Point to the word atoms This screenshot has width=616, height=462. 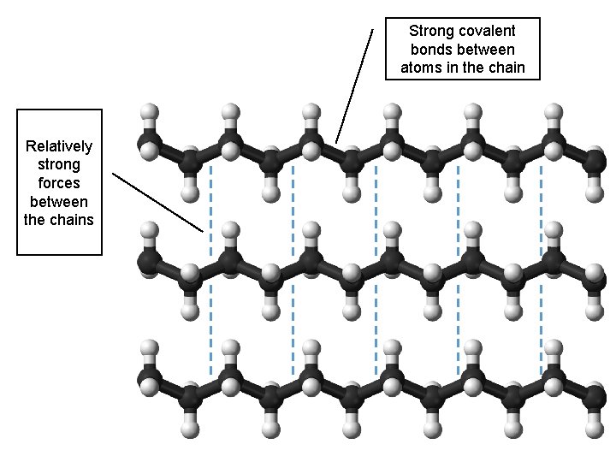tap(418, 68)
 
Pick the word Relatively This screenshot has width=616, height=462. tap(59, 145)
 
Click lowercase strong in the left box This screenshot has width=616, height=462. tap(59, 164)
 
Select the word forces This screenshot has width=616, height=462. tap(59, 183)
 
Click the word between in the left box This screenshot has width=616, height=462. tap(59, 202)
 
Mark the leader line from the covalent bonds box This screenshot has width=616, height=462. tap(355, 86)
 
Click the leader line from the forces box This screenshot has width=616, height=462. tap(158, 203)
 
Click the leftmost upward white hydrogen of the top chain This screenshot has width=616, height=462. tap(150, 111)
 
